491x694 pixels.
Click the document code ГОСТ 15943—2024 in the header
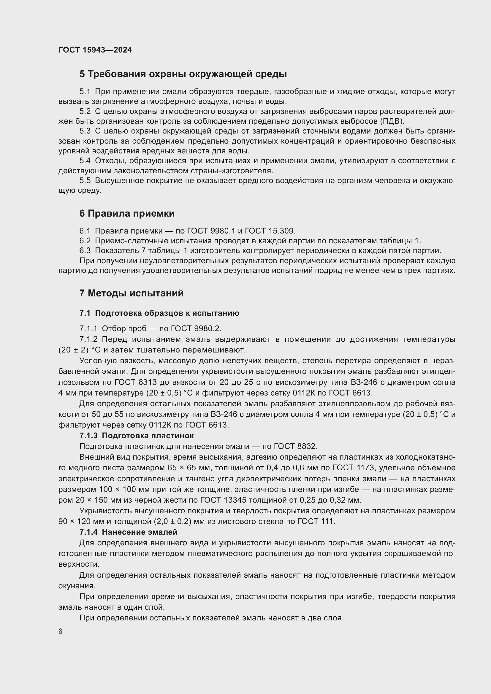95,50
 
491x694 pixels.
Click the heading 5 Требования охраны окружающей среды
183,74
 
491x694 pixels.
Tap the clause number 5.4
85,161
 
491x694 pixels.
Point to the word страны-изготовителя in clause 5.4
232,171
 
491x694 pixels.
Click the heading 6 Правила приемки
127,213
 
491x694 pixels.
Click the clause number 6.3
85,251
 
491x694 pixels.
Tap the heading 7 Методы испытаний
132,293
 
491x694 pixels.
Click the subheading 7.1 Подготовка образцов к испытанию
159,313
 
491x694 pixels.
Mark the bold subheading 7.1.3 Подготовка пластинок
136,436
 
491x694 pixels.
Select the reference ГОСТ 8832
295,447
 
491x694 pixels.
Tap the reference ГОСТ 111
316,522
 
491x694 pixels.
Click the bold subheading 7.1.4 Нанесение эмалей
128,532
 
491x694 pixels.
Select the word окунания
77,586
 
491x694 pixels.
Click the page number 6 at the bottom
61,631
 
